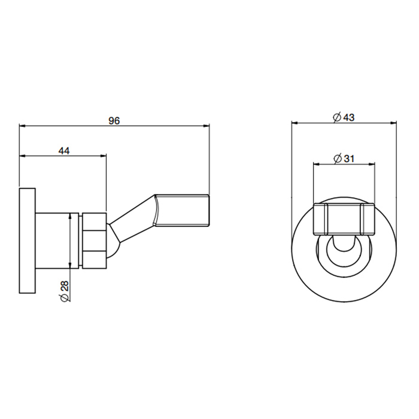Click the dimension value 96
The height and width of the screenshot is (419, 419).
pos(114,121)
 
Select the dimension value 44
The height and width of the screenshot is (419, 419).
pos(64,151)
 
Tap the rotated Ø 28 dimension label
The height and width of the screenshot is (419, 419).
pos(65,291)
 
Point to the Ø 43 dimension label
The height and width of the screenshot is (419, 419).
pos(344,117)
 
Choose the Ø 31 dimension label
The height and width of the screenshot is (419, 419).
pos(344,159)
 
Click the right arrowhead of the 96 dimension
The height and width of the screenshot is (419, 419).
pos(206,126)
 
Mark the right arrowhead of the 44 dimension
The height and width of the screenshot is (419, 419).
pos(103,156)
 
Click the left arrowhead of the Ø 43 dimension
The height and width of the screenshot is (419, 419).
pos(294,123)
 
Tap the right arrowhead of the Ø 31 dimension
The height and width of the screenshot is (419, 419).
pos(371,164)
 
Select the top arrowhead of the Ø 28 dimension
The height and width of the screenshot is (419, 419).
pos(70,216)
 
